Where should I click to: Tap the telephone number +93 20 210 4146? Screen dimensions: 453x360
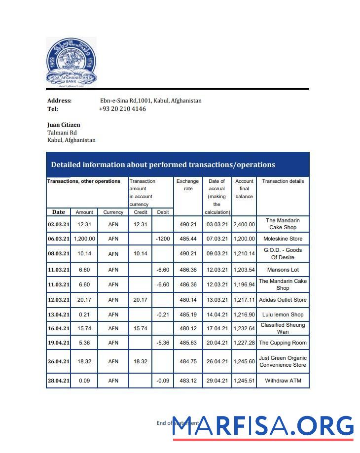click(122, 109)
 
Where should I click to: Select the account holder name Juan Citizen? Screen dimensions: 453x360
click(64, 125)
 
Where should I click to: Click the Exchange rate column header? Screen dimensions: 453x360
click(187, 185)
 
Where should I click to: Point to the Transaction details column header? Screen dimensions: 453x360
click(283, 181)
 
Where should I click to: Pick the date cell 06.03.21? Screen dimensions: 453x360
click(58, 239)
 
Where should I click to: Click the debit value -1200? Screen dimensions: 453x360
click(162, 239)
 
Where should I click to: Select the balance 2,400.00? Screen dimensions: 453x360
click(244, 224)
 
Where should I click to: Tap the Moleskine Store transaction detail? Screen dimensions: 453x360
click(283, 239)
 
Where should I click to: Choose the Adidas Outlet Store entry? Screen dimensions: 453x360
click(283, 300)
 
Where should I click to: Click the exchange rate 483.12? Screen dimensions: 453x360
click(188, 381)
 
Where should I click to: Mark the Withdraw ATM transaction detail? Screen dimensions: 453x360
click(283, 381)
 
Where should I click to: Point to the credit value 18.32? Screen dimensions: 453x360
click(141, 361)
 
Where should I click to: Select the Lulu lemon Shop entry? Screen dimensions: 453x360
click(283, 314)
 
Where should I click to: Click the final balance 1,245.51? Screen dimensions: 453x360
click(244, 381)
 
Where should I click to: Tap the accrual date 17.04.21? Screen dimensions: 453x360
click(216, 328)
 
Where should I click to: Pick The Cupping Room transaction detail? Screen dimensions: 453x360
click(283, 343)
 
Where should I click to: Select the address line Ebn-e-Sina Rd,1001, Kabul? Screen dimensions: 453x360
click(150, 101)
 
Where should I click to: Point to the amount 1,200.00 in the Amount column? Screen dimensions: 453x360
click(84, 239)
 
